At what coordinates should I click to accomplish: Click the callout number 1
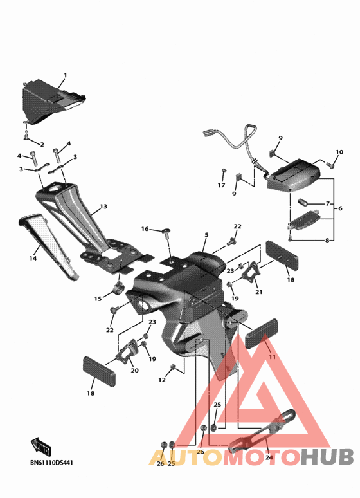pyautogui.click(x=66, y=75)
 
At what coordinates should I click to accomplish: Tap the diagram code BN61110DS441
pyautogui.click(x=51, y=463)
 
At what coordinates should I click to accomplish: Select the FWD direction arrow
pyautogui.click(x=41, y=447)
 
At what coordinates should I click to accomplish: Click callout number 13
pyautogui.click(x=104, y=207)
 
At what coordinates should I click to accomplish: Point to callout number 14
pyautogui.click(x=33, y=259)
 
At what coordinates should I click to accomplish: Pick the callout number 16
pyautogui.click(x=145, y=229)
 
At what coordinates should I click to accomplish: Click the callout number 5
pyautogui.click(x=206, y=235)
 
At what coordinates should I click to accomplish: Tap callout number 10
pyautogui.click(x=339, y=152)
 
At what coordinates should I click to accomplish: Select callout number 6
pyautogui.click(x=340, y=208)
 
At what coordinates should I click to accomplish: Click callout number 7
pyautogui.click(x=328, y=203)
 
